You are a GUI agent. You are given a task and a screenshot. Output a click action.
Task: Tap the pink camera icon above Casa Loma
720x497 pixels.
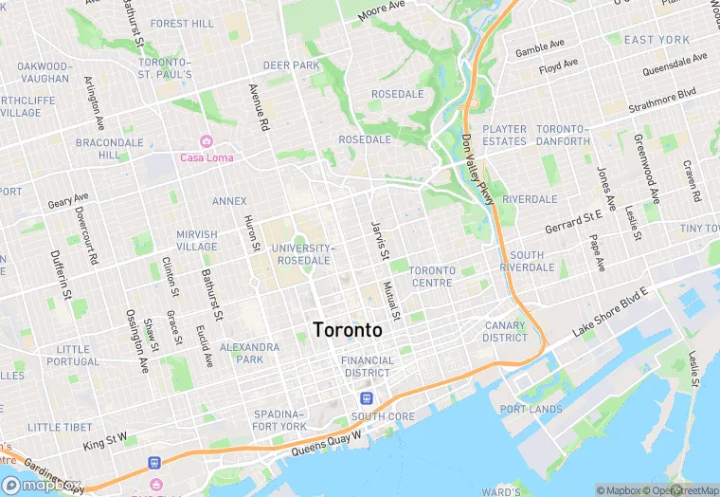(206, 141)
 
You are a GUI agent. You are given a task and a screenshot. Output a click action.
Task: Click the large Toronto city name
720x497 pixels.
(347, 330)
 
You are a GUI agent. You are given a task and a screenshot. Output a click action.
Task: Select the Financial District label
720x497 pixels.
(367, 366)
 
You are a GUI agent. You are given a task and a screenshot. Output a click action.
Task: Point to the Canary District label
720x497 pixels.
(504, 331)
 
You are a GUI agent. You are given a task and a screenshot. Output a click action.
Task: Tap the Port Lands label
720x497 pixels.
(531, 409)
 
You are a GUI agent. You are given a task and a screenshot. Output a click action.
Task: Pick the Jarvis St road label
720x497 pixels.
(378, 240)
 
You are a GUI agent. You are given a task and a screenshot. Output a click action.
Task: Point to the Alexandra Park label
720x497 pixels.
(249, 353)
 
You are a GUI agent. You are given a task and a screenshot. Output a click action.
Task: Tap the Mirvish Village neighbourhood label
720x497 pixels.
(196, 240)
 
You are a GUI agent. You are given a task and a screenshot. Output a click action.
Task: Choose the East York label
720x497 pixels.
(657, 40)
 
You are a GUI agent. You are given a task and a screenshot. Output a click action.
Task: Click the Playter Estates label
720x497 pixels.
(504, 135)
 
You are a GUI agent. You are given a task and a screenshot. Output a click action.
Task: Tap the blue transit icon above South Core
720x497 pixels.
(367, 398)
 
